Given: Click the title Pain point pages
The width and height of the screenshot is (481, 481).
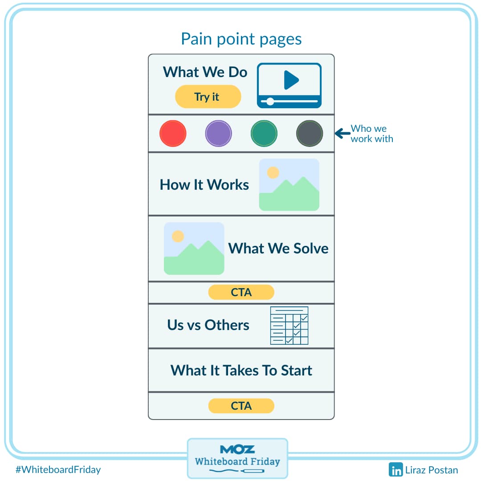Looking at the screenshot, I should (241, 39).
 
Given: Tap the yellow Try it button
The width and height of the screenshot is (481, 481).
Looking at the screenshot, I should (208, 97).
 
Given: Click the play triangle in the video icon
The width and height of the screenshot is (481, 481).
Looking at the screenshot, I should (291, 80).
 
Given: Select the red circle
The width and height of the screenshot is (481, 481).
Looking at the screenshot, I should (173, 134).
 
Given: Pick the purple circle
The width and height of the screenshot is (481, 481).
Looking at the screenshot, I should (218, 134).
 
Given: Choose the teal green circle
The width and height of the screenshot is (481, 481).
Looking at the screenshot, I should (264, 134).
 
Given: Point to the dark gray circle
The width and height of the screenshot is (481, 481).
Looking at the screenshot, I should (310, 134).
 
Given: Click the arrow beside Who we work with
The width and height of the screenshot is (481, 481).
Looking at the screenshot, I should (342, 133).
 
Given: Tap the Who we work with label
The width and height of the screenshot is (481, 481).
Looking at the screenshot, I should (371, 134).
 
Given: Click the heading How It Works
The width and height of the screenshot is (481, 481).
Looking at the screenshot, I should (204, 185).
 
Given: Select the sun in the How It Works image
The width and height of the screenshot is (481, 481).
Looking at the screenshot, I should (273, 172).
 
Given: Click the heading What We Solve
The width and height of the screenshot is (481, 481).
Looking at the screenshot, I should (278, 248).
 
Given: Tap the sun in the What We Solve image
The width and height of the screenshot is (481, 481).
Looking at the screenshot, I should (178, 236).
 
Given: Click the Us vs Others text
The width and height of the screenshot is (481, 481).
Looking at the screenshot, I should (208, 325).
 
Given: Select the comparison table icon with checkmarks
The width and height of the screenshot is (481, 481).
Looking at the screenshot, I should (289, 326).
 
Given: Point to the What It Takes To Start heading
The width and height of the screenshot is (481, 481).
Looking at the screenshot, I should (241, 371).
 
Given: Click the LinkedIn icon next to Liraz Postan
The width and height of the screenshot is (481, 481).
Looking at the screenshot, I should (395, 469).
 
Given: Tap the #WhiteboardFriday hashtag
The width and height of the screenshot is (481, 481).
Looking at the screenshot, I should (58, 469).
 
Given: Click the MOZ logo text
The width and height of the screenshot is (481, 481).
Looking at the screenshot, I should (237, 449).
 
